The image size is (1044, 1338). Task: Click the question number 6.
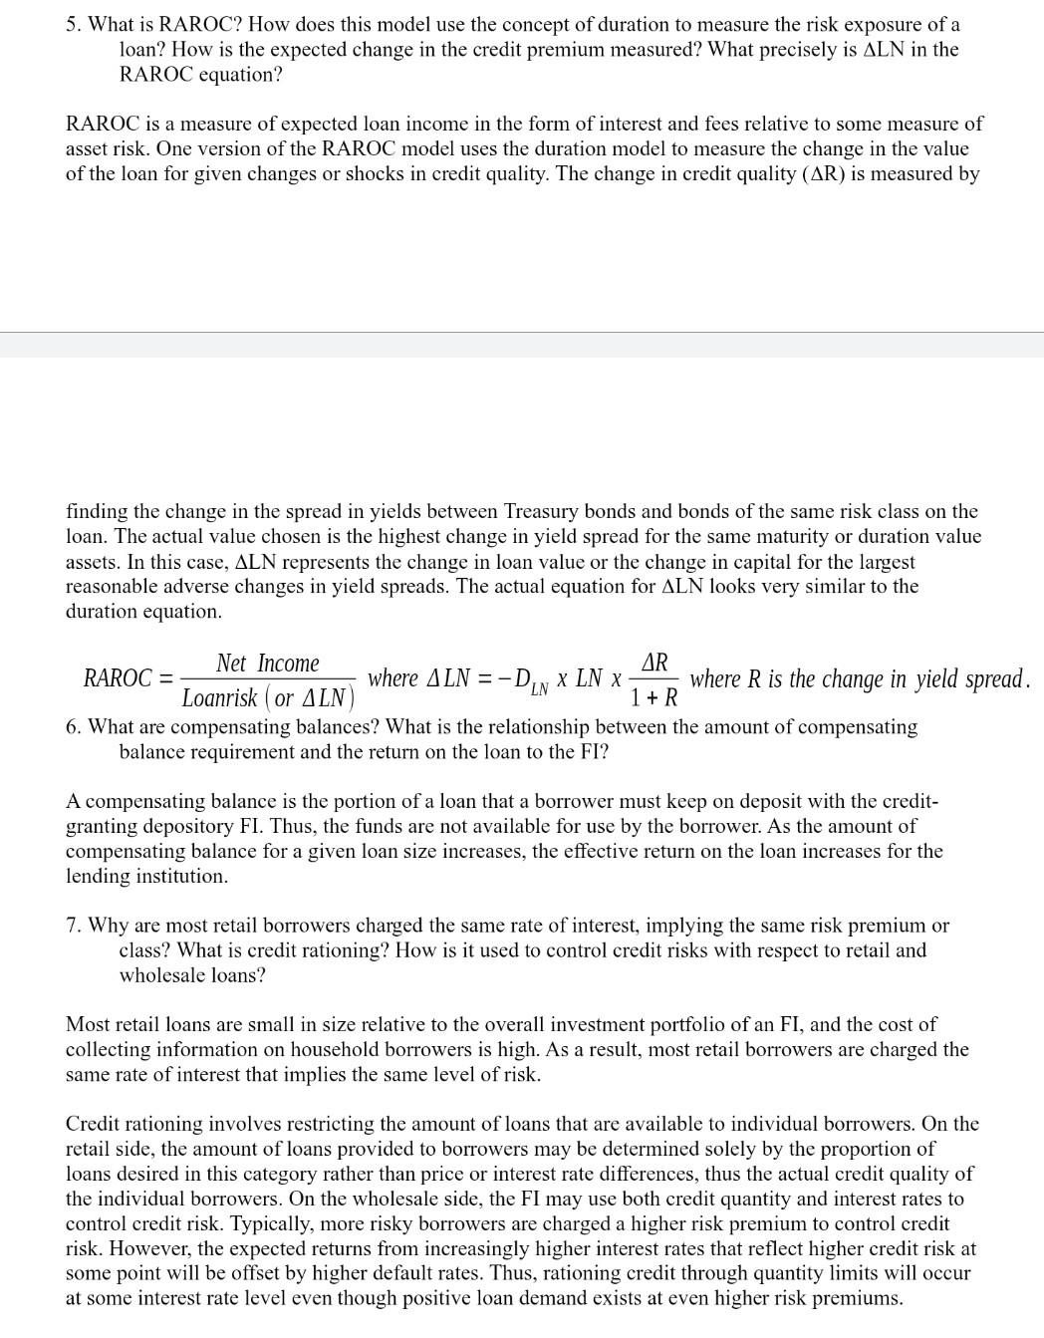point(73,727)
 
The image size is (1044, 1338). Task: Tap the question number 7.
point(73,926)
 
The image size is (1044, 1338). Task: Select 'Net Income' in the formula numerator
point(267,664)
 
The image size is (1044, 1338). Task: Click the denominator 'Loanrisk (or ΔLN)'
point(268,697)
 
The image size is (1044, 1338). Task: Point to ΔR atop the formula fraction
point(654,663)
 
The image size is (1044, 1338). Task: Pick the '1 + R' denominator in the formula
point(653,697)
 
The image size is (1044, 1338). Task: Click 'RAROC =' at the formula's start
point(126,679)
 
